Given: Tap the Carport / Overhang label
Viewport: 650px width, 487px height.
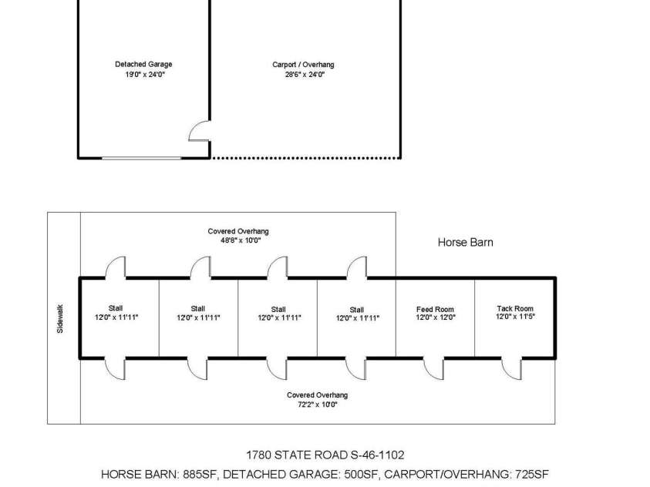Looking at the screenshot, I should [303, 65].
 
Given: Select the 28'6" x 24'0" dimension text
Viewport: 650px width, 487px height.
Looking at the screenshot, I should [303, 75].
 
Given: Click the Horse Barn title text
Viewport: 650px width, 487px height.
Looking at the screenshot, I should [465, 242].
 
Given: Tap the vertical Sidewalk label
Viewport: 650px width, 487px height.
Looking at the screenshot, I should [61, 317].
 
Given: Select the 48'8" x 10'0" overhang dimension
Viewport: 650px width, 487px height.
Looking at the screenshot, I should [238, 240].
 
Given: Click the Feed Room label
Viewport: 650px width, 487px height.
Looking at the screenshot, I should [435, 309].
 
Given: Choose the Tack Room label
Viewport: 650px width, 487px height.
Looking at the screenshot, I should [514, 308].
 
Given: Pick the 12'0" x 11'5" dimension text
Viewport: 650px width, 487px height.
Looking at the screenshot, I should [514, 317].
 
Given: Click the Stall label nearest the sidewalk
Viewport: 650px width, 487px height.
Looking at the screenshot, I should [115, 308].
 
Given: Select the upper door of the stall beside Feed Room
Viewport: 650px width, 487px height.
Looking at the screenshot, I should [356, 267].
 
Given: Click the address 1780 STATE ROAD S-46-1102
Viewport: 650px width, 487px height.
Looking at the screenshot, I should [325, 455].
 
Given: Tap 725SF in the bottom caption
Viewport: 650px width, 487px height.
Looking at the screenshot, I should [530, 475].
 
